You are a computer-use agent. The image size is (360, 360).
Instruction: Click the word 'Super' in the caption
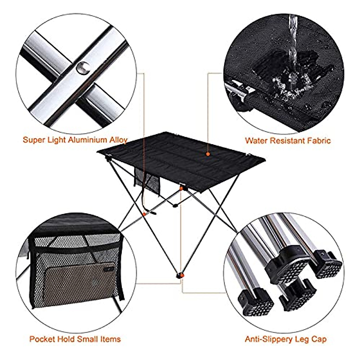point(33,140)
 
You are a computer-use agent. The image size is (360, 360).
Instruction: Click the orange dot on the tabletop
point(207,154)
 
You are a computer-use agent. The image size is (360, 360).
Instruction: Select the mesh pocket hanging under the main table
point(147,178)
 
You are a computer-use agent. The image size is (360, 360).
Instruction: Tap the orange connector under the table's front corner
point(181,188)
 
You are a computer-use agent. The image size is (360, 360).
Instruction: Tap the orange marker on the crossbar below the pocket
point(145,214)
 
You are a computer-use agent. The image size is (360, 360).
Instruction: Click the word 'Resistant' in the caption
point(287,140)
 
